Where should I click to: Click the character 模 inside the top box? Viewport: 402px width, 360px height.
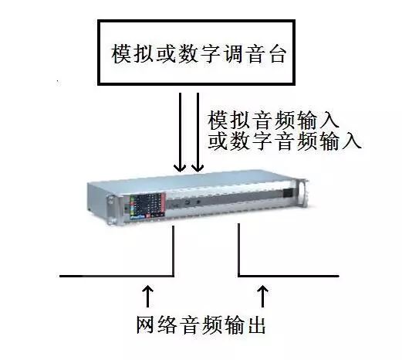pos(121,54)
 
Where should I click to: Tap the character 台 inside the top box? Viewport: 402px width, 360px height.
pos(278,54)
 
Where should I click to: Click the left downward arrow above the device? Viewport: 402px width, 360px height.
pos(180,132)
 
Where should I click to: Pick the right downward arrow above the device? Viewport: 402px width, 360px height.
pos(198,132)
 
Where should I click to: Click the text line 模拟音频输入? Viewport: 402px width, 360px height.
pos(273,120)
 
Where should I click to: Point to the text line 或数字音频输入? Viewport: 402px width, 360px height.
pos(285,141)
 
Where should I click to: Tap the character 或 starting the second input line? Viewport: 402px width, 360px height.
pos(218,141)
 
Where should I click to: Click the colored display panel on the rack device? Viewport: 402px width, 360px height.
pos(147,206)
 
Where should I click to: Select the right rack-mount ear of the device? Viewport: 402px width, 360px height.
pos(302,193)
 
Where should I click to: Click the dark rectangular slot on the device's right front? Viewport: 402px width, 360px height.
pos(288,193)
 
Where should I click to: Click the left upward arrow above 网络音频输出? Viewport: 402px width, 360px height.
pos(147,296)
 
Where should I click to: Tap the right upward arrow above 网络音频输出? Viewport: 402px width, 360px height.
pos(262,296)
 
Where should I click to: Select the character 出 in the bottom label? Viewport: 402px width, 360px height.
pos(256,325)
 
